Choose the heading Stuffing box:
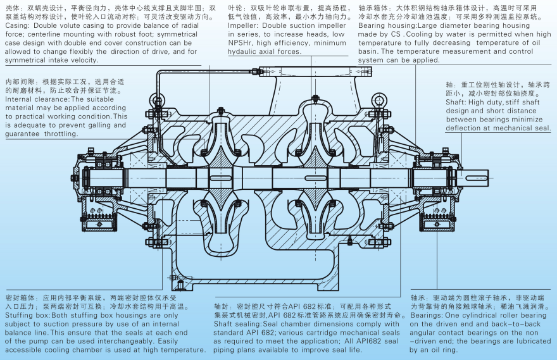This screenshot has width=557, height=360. click(x=28, y=314)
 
